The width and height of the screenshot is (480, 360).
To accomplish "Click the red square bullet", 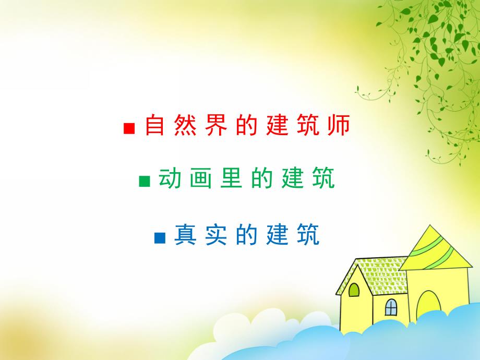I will pyautogui.click(x=129, y=128).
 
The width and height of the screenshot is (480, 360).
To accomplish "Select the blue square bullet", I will pyautogui.click(x=160, y=238).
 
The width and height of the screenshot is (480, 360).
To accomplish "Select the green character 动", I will pyautogui.click(x=170, y=179).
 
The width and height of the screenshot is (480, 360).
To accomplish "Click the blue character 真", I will pyautogui.click(x=185, y=235).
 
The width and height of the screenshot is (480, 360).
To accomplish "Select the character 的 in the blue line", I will pyautogui.click(x=246, y=235).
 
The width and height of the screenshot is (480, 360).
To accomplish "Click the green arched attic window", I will pyautogui.click(x=354, y=290).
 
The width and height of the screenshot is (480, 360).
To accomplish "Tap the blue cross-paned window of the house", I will pyautogui.click(x=391, y=307).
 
